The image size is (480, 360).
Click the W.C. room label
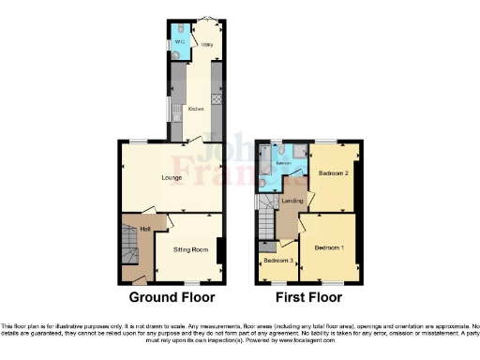[x=178, y=42]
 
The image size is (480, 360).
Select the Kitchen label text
[x=196, y=109]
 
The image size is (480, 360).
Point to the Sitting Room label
[x=190, y=249]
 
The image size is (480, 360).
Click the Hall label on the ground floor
[x=145, y=228]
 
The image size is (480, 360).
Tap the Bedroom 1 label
[x=329, y=247]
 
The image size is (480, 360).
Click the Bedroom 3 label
[x=277, y=260]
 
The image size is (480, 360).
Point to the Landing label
[x=291, y=202]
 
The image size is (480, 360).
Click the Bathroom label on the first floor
[x=284, y=164]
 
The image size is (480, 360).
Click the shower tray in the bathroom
[x=298, y=152]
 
